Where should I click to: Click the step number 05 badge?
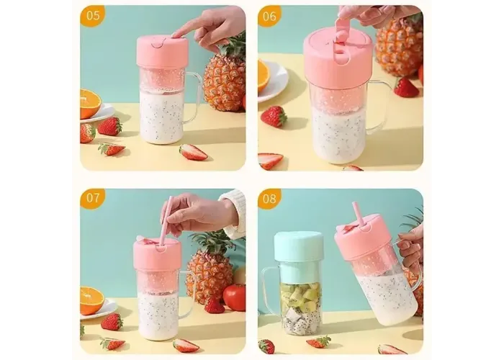click(x=92, y=16)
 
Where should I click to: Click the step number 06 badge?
click(x=269, y=16)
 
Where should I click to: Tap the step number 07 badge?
click(x=92, y=198)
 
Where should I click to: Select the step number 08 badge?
click(x=269, y=198)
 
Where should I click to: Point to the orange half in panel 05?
click(x=90, y=104)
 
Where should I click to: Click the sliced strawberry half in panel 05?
click(x=193, y=153)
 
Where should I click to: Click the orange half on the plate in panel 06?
click(x=264, y=76)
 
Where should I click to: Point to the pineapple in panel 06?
click(x=399, y=45)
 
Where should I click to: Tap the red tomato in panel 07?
click(x=234, y=297)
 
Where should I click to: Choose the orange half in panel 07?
click(x=91, y=301)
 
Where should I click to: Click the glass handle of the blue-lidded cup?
click(x=271, y=289)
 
